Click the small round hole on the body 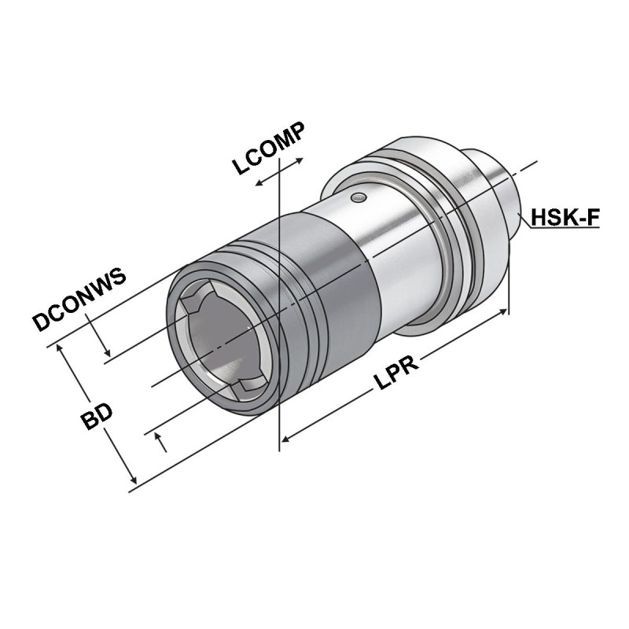(359, 197)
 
